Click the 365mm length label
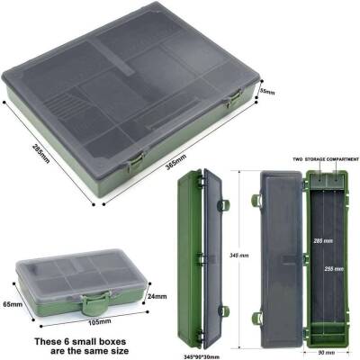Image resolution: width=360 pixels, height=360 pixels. pyautogui.click(x=176, y=158)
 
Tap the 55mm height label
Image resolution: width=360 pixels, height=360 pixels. pyautogui.click(x=267, y=92)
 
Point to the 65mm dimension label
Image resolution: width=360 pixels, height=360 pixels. pyautogui.click(x=11, y=303)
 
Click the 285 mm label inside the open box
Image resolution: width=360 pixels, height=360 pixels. pyautogui.click(x=321, y=242)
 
